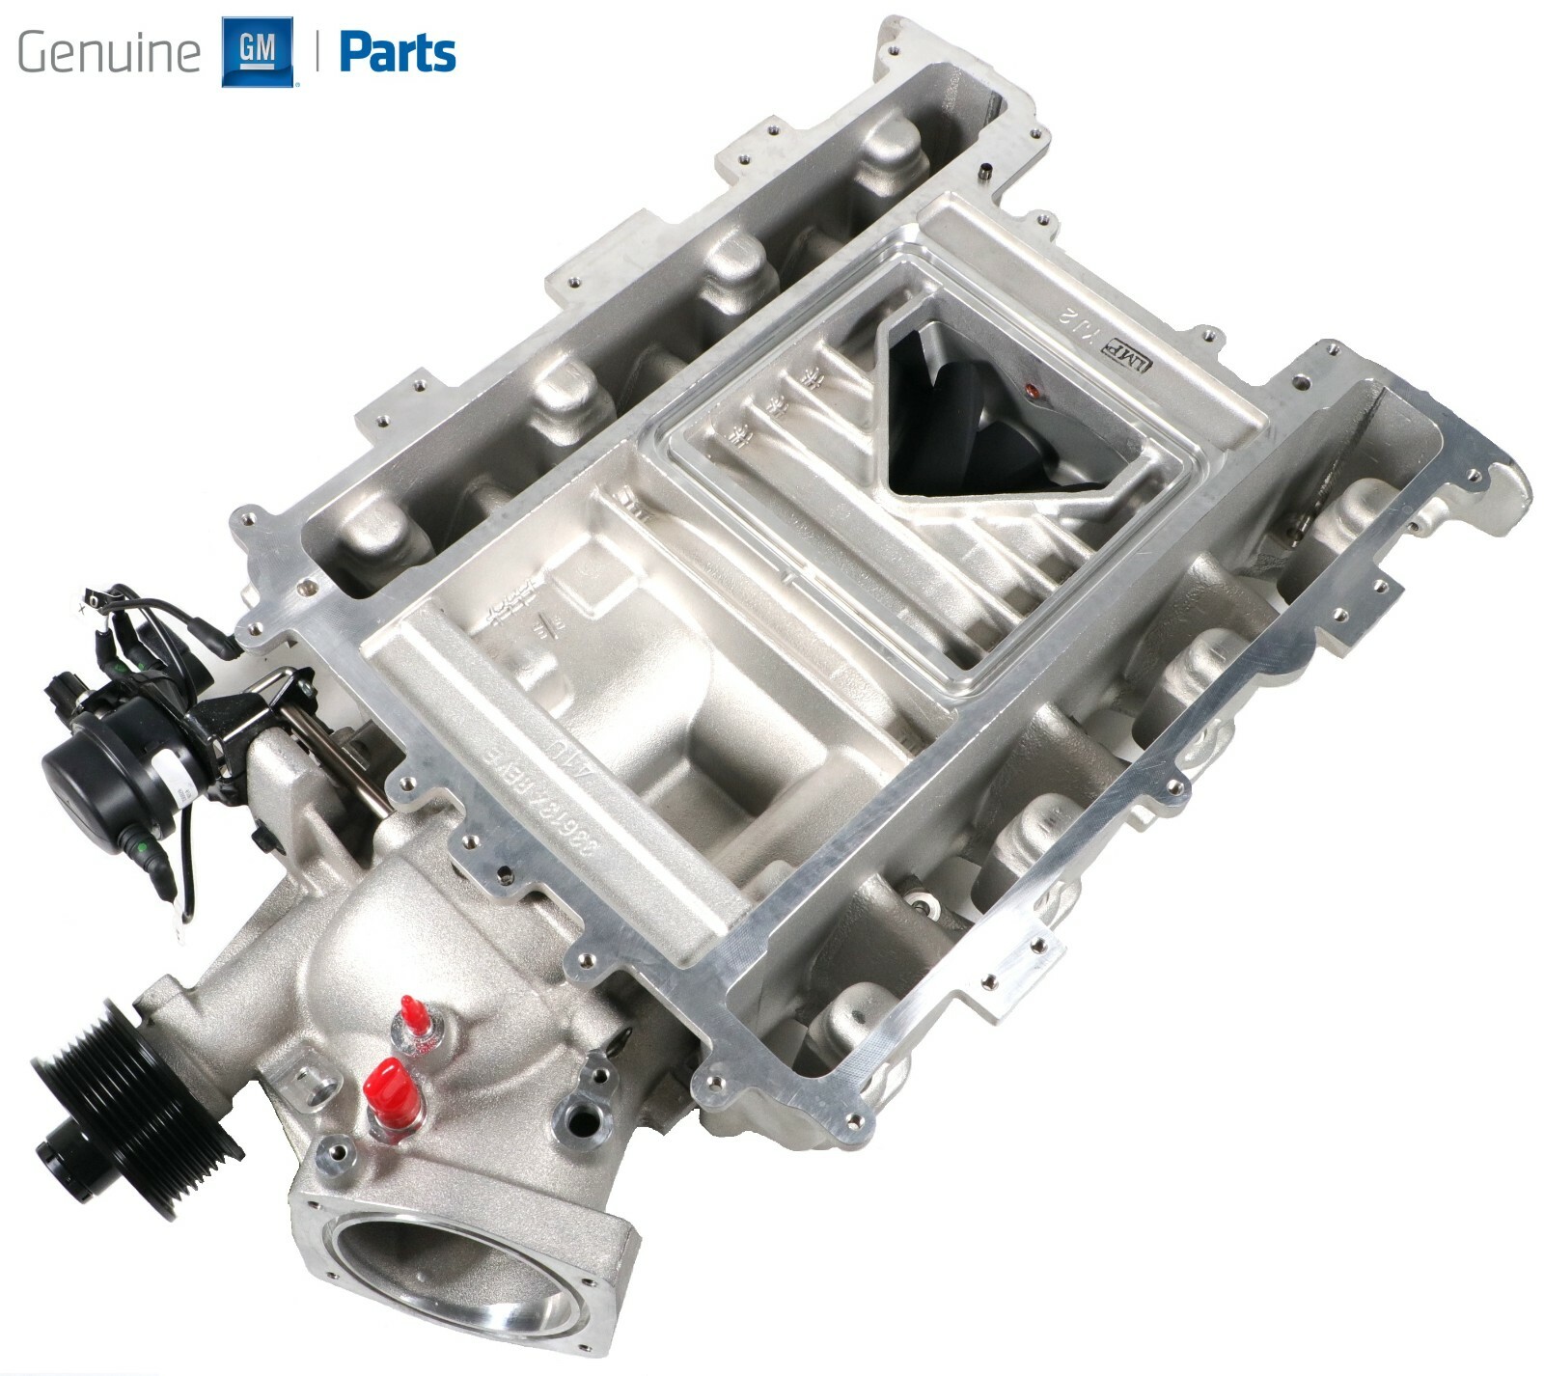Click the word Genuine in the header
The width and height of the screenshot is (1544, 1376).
108,52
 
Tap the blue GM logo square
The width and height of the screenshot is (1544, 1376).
257,51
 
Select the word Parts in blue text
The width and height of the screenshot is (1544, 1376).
398,53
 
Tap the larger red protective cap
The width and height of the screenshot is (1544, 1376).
391,1088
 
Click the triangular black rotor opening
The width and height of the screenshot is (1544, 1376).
975,415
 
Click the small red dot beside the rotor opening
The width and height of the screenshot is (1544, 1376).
1030,392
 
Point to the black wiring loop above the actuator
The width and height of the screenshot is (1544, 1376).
116,608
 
